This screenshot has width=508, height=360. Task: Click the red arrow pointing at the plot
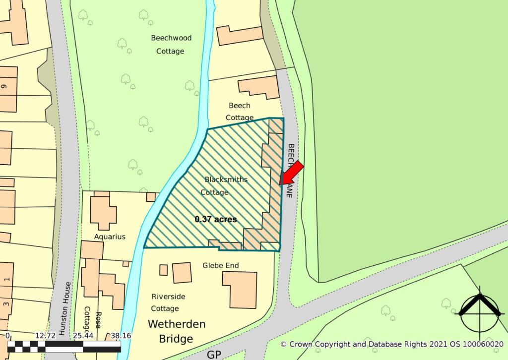click(292, 173)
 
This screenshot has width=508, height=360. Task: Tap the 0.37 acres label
click(216, 219)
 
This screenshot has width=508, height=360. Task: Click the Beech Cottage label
click(240, 112)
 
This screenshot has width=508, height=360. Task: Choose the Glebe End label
click(220, 266)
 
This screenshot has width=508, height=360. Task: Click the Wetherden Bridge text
click(177, 332)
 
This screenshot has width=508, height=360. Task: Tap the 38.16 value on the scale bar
click(121, 336)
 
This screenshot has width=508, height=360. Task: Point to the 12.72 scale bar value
click(46, 336)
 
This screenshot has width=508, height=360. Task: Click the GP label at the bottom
click(214, 355)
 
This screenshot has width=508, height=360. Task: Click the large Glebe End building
click(240, 289)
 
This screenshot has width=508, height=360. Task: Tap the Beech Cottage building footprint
click(258, 86)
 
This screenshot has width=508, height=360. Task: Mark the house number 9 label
click(4, 86)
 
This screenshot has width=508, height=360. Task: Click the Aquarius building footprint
click(103, 212)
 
